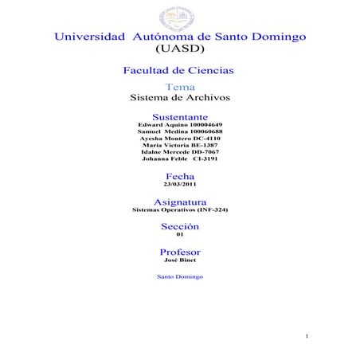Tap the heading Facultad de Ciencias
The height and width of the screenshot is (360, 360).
(x=179, y=71)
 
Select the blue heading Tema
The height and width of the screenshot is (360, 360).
(x=179, y=86)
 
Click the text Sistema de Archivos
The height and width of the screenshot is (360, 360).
(x=179, y=98)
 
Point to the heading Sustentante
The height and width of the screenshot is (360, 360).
(x=179, y=117)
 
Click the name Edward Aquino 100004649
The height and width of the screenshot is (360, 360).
(x=179, y=127)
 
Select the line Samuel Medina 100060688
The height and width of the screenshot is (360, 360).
(x=179, y=133)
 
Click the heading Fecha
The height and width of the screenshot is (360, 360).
(x=179, y=175)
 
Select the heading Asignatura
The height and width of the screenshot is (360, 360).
(x=179, y=202)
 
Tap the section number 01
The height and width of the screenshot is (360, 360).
(x=179, y=235)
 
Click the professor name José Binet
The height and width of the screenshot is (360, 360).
(x=179, y=260)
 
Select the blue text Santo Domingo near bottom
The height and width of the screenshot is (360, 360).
(x=179, y=276)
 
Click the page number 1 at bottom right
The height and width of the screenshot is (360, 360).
(x=307, y=338)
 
